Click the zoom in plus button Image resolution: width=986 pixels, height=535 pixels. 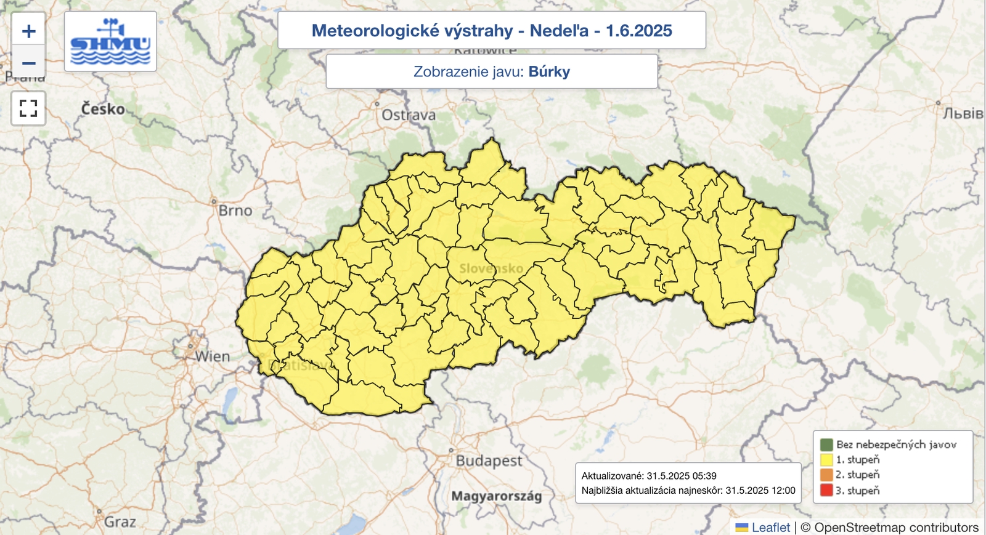point(28,31)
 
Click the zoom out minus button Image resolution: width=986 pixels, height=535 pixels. point(28,63)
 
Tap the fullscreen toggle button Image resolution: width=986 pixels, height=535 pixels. point(28,108)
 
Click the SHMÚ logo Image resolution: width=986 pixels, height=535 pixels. point(110,41)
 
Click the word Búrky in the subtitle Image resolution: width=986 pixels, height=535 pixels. point(549,71)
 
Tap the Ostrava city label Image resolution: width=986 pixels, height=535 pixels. point(408,115)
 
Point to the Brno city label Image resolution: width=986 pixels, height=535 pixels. point(235,211)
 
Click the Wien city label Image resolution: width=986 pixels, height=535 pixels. point(212,356)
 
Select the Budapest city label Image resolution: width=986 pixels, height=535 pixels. point(489,461)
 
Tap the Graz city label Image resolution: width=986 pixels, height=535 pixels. point(120,522)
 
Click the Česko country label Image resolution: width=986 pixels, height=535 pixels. point(103,109)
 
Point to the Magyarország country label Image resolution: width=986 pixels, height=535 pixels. point(497,496)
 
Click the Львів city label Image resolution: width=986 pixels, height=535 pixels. point(963,113)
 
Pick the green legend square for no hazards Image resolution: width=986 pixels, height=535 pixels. point(826,444)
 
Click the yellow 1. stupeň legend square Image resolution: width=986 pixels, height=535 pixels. point(826,460)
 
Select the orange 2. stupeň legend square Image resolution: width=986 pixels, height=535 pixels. point(826,475)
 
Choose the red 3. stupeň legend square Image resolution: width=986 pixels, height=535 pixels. point(826,491)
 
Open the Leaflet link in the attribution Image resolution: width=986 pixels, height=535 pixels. point(770,528)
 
